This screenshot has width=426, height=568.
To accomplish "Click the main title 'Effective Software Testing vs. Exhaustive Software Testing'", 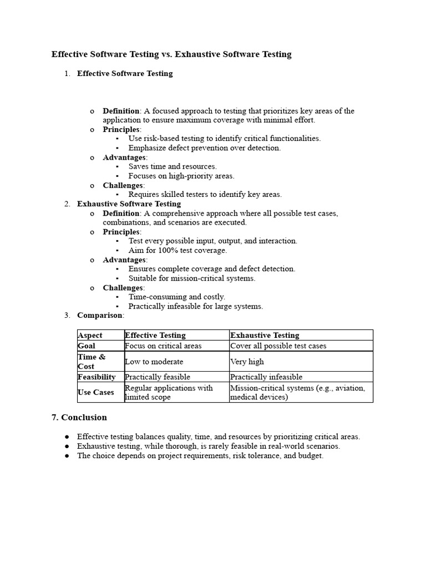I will click(x=171, y=54).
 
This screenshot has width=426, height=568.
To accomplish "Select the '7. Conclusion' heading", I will click(x=79, y=417).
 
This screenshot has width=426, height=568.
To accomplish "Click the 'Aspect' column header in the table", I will click(x=90, y=335).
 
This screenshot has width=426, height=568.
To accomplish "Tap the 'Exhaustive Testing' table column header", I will click(x=265, y=335).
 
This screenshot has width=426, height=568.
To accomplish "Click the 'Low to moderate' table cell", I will click(x=154, y=362).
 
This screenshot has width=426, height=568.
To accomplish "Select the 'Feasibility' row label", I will click(x=97, y=377).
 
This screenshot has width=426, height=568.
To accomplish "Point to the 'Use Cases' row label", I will click(x=96, y=392).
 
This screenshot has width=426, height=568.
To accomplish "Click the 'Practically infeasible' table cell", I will click(x=266, y=377).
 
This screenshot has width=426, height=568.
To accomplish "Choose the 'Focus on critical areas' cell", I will click(x=163, y=346).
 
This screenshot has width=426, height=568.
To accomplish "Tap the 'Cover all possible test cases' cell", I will click(x=278, y=346).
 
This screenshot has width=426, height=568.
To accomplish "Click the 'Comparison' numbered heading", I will click(x=100, y=315).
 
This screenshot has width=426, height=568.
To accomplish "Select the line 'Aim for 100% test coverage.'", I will click(x=177, y=250).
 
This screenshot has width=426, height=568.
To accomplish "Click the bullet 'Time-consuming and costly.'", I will click(x=176, y=297).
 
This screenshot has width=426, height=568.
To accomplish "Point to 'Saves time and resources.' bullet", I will click(x=173, y=166).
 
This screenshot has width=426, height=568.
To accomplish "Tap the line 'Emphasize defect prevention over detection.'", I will click(x=204, y=148).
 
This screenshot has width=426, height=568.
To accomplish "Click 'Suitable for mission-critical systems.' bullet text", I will click(x=192, y=278).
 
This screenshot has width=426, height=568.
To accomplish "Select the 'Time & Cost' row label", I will click(x=92, y=362).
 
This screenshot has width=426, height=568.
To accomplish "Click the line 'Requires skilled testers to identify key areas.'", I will click(x=205, y=194).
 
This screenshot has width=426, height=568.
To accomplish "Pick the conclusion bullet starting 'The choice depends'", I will click(x=200, y=455).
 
